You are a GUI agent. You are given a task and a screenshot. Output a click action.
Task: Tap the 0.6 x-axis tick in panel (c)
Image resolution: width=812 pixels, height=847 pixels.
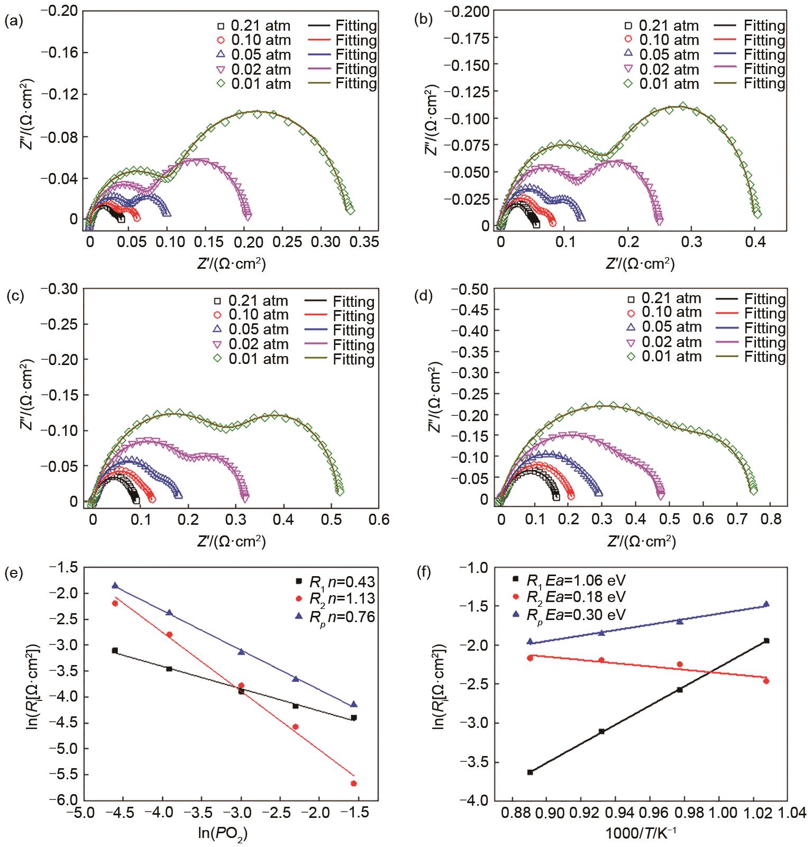pyautogui.click(x=378, y=520)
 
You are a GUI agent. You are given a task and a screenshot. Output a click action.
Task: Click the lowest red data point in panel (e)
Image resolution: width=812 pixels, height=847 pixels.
pyautogui.click(x=353, y=783)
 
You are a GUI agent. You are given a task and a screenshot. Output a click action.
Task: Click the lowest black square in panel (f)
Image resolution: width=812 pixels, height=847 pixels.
pyautogui.click(x=530, y=772)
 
